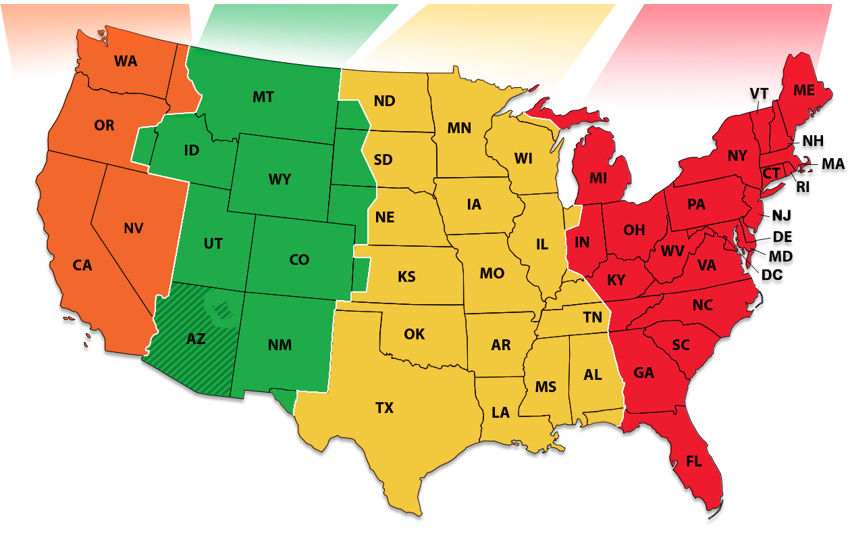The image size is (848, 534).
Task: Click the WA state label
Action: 126,62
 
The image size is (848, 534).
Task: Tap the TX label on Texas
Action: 384,408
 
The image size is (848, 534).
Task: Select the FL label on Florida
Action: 693,462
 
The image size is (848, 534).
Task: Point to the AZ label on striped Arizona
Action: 196,339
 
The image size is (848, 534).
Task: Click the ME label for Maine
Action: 803,90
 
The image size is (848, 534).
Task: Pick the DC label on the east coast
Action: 772,275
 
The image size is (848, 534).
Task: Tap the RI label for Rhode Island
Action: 802,187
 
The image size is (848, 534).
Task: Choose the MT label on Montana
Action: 263,97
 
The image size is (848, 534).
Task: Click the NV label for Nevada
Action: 134,228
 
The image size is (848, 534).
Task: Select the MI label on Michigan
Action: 598,178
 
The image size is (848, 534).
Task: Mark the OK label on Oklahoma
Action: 415,334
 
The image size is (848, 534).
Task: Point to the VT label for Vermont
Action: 759,94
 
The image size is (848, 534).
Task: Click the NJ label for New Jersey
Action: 781,216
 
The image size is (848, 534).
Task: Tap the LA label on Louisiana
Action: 500,412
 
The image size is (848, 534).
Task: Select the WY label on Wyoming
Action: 280,179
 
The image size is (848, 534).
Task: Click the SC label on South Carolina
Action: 681,345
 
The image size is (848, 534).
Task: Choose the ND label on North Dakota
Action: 384,101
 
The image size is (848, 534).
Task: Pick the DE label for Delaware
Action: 783,237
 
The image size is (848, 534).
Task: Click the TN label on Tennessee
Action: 593,317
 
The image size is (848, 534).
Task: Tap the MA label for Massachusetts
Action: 832,164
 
